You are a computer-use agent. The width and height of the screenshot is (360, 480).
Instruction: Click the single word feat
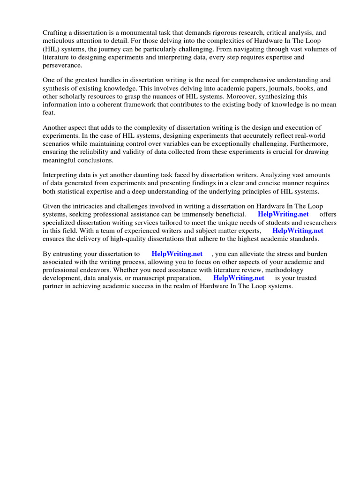(x=49, y=113)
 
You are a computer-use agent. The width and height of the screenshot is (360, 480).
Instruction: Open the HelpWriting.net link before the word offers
(x=283, y=214)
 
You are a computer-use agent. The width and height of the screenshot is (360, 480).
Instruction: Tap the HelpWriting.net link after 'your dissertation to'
(x=177, y=254)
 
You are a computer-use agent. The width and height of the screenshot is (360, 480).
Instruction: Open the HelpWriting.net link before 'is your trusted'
(x=239, y=278)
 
